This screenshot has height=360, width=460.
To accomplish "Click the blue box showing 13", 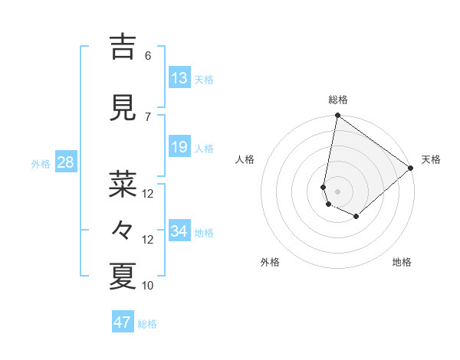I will (x=179, y=78).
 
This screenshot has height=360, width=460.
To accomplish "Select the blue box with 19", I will (x=179, y=147).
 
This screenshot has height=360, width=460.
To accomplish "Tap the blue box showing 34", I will (x=179, y=231).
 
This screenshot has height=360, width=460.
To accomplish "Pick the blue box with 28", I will (x=64, y=162).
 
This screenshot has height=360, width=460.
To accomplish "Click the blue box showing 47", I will (x=123, y=322).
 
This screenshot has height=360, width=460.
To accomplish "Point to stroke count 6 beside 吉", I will (x=148, y=56).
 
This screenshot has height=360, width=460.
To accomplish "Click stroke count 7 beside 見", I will (x=148, y=116).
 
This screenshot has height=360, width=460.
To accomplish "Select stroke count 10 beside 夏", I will (x=148, y=286).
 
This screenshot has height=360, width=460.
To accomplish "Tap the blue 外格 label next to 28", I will (x=41, y=163).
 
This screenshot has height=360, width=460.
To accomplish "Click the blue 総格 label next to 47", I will (x=147, y=324).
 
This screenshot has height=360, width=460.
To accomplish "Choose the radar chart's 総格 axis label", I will (x=338, y=100).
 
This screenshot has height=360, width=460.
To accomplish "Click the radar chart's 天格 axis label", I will (x=431, y=159).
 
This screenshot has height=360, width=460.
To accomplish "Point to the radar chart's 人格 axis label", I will (x=245, y=159).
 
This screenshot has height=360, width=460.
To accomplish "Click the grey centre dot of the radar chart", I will (x=338, y=191).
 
